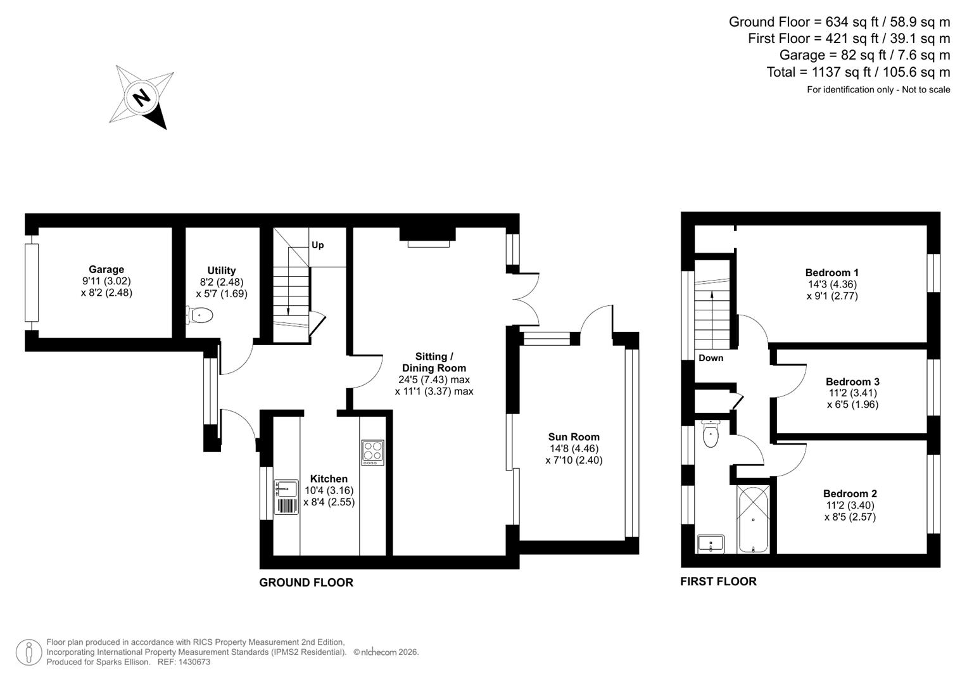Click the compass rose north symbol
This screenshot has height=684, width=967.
(x=142, y=98)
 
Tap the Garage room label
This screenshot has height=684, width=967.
(x=106, y=269)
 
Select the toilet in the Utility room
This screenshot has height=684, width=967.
(x=200, y=315)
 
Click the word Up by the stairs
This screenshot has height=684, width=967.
(x=317, y=245)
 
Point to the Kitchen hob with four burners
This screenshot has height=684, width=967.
(x=372, y=453)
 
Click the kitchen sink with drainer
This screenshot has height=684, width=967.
(x=286, y=497)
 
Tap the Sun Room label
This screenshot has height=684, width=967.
(x=574, y=437)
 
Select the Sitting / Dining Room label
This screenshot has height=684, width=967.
(x=434, y=362)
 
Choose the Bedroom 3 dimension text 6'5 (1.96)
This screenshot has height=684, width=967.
(x=852, y=405)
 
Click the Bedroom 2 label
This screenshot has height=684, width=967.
(x=850, y=494)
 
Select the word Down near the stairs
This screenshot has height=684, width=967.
(x=711, y=358)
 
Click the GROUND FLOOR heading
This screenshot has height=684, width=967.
(x=306, y=583)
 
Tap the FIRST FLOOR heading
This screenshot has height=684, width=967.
(x=718, y=581)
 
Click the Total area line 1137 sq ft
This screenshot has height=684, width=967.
(x=858, y=72)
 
